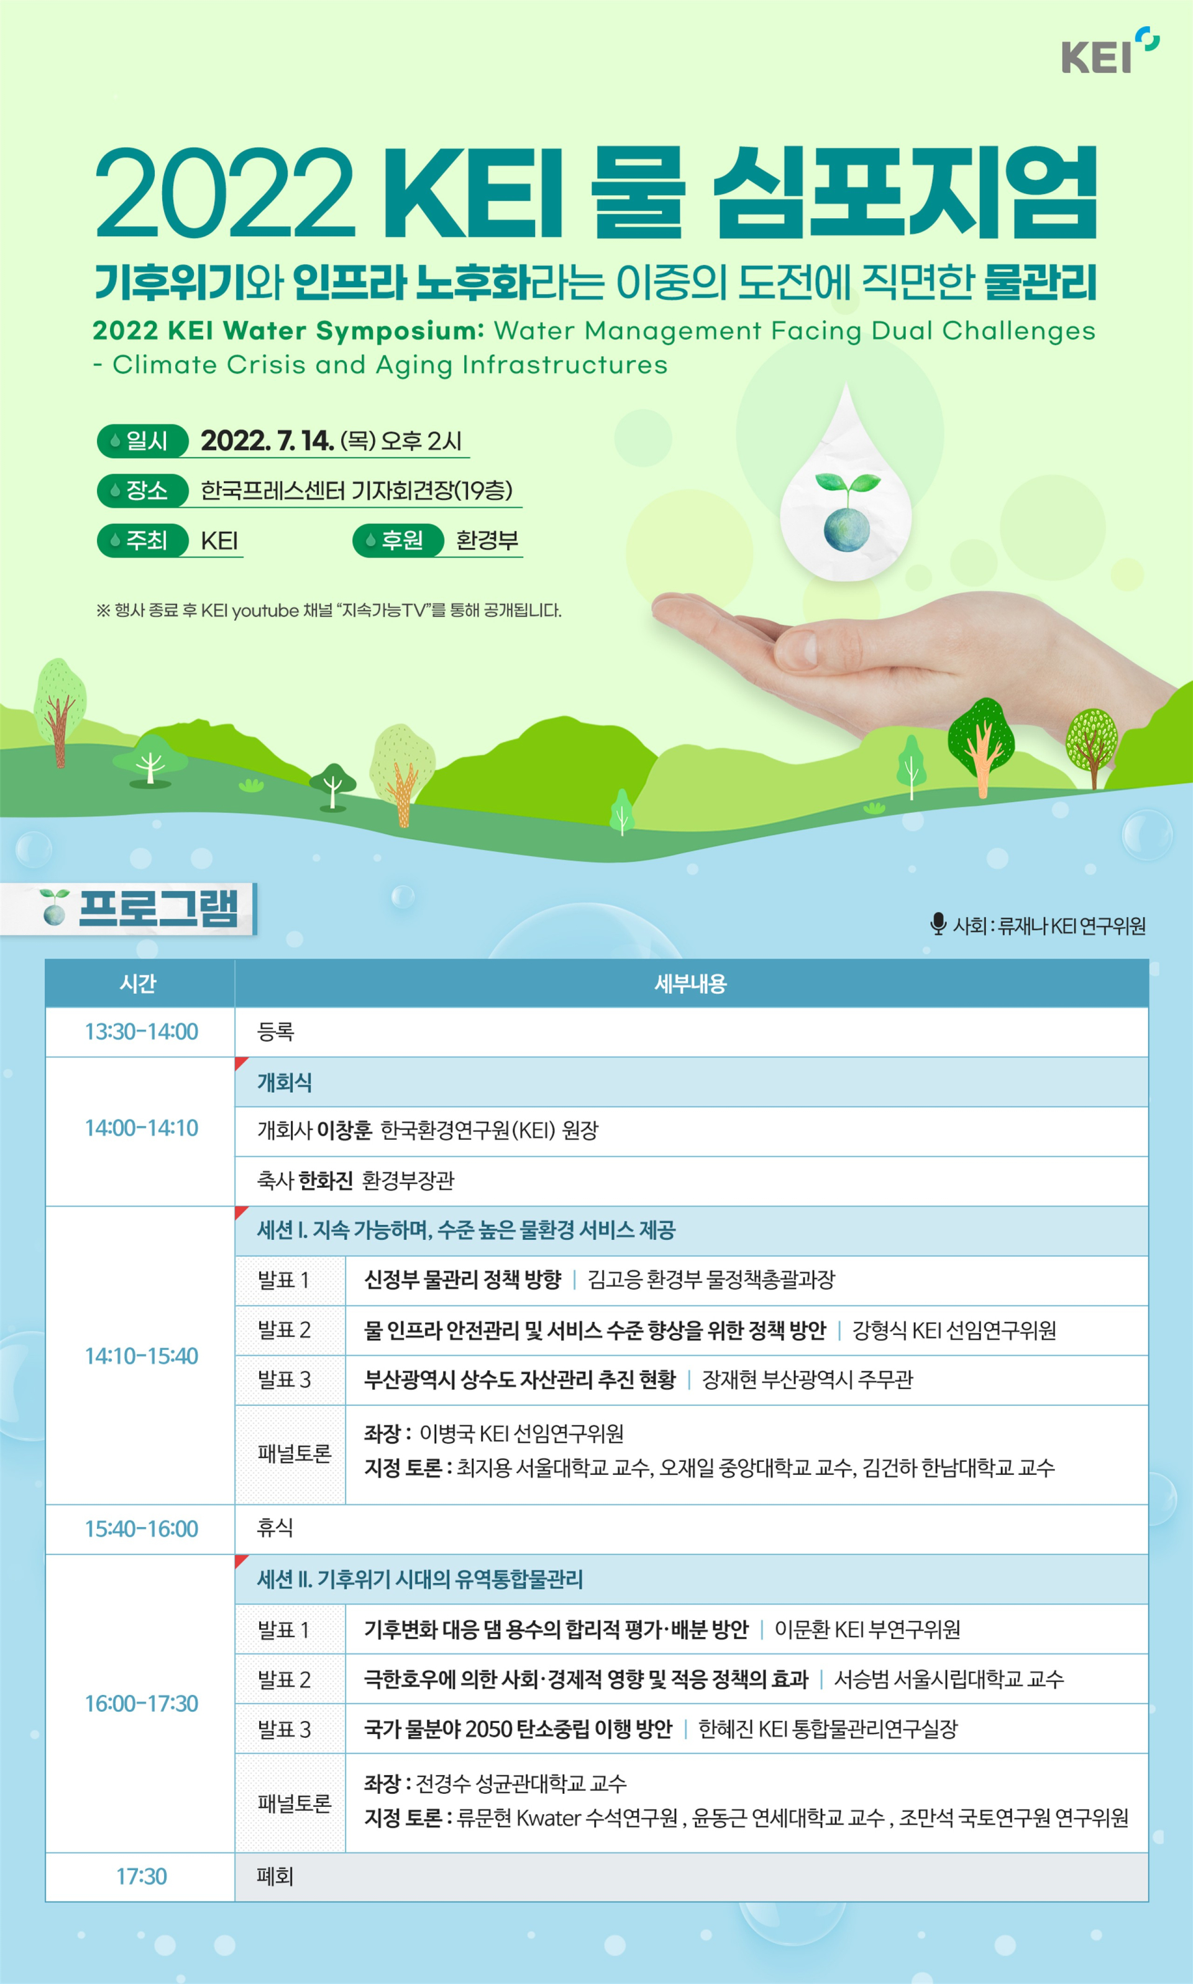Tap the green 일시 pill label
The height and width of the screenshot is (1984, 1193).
coord(142,441)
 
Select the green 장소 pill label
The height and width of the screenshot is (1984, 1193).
coord(142,490)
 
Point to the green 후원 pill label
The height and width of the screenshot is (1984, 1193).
coord(398,540)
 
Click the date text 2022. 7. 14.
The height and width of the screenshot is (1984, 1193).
coord(267,441)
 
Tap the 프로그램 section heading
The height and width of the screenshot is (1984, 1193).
coord(158,908)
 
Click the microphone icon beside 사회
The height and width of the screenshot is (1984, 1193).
coord(938,924)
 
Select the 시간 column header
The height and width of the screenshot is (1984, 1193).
coord(139,983)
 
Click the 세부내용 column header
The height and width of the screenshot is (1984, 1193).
coord(690,983)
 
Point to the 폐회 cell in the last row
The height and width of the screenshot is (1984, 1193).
coord(275,1876)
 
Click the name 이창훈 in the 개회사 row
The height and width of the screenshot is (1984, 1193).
coord(344,1131)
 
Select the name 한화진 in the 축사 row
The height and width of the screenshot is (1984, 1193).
coord(326,1180)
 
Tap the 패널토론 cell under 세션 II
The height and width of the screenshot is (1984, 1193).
coord(295,1803)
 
